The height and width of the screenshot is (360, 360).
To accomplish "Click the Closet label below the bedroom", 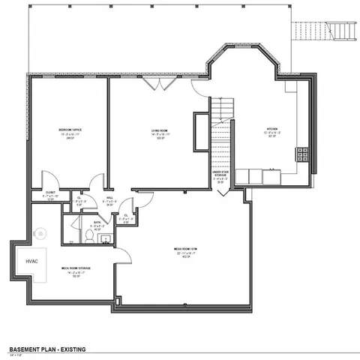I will click(50, 193).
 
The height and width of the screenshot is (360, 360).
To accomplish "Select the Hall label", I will click(109, 199).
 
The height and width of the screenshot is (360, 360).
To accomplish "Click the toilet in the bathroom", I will click(88, 236).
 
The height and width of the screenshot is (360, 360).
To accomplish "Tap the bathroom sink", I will click(105, 239).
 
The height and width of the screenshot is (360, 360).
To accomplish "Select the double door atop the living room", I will click(159, 82).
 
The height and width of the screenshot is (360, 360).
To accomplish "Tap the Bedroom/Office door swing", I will click(49, 180).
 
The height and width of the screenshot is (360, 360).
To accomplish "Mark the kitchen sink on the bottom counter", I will click(256, 177).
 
